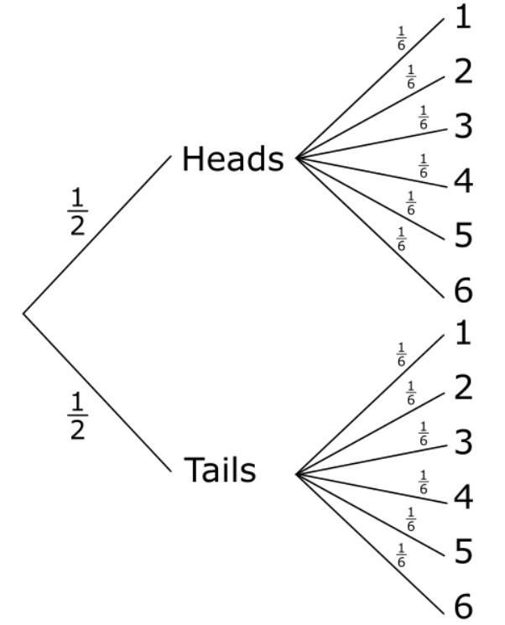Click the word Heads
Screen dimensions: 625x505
(232, 159)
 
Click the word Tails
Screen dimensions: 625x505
(220, 471)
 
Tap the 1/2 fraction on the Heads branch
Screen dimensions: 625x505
(78, 212)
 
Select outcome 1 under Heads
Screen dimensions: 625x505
(463, 18)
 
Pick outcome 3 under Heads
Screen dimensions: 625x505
(463, 126)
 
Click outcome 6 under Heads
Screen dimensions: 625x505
(463, 290)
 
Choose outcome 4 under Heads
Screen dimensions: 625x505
(463, 181)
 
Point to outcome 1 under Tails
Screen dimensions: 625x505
(463, 333)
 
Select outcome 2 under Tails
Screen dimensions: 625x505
(463, 388)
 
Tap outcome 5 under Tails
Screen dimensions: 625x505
(463, 551)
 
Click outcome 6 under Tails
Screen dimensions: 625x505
(463, 605)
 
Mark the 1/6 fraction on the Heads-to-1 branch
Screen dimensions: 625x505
(401, 38)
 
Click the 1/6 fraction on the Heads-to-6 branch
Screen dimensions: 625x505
(401, 239)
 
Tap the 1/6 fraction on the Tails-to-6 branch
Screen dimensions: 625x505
(401, 555)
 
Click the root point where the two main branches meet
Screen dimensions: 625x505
(23, 314)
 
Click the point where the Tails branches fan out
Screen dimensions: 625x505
(297, 474)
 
